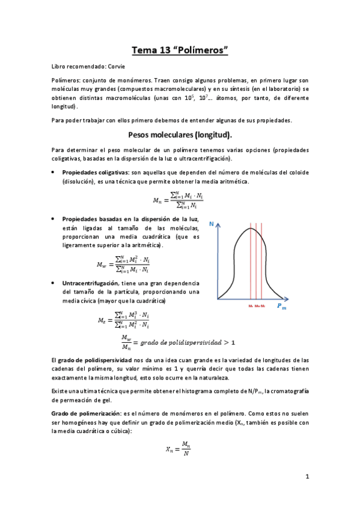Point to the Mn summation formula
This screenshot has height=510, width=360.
click(x=180, y=198)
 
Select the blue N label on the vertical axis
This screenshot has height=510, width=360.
click(x=212, y=224)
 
